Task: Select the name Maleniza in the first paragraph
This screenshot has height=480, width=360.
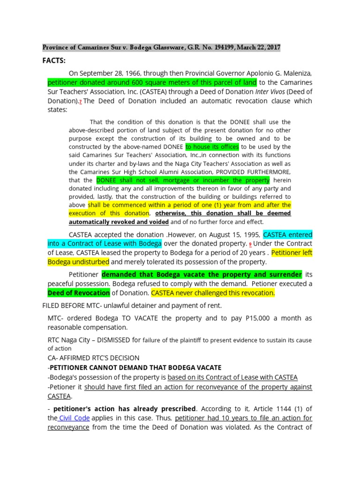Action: pyautogui.click(x=292, y=74)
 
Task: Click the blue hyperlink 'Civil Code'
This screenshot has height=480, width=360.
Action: pyautogui.click(x=75, y=418)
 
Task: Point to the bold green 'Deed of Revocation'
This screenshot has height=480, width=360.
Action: pyautogui.click(x=79, y=293)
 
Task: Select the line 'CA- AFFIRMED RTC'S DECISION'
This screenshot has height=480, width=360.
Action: pyautogui.click(x=93, y=358)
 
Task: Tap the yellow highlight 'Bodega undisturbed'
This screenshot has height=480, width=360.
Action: pyautogui.click(x=78, y=262)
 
